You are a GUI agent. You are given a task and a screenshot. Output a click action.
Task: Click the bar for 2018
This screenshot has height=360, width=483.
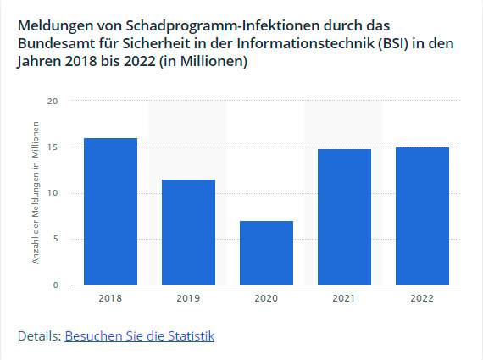(110, 211)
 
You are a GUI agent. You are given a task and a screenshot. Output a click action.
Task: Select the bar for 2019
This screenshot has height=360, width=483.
(188, 232)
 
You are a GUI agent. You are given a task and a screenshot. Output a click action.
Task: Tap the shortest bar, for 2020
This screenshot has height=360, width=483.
(266, 252)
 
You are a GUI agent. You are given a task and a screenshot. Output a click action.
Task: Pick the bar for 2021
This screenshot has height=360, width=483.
(344, 217)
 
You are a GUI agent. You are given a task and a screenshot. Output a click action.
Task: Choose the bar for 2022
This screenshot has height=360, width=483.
(422, 216)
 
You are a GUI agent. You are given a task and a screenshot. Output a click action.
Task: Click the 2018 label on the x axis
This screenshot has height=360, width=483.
(110, 298)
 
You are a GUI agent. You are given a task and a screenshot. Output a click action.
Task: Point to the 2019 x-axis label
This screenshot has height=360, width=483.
(188, 298)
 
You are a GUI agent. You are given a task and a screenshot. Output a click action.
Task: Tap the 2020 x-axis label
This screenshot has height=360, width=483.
(266, 298)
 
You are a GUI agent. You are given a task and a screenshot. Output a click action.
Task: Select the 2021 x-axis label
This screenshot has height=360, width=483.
(344, 298)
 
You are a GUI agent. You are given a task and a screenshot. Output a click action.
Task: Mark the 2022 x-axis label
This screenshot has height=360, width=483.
(422, 298)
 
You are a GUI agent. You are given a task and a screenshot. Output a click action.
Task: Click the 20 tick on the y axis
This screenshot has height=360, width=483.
(53, 102)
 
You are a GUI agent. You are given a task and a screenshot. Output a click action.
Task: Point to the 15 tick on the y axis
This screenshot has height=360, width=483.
(53, 147)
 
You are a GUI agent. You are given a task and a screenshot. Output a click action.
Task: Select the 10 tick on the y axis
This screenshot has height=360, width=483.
(53, 193)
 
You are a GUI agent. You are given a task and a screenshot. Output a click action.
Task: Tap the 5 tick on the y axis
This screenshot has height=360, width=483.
(55, 239)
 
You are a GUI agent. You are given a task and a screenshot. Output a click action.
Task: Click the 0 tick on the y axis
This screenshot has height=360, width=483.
(55, 285)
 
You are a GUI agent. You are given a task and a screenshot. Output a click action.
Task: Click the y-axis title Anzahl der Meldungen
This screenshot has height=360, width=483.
(36, 193)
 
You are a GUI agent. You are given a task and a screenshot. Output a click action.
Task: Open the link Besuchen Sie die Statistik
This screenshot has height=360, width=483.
(139, 336)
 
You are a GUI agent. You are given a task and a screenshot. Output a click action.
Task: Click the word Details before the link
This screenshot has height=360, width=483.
(39, 336)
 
